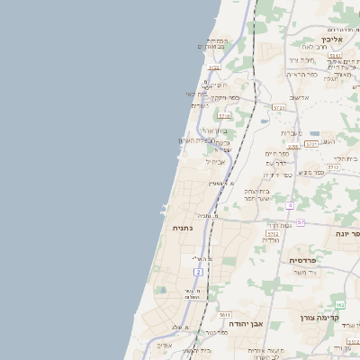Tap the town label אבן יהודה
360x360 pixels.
[245, 322]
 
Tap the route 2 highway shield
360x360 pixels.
[197, 271]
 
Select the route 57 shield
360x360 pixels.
[301, 221]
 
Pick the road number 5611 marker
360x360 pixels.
[226, 315]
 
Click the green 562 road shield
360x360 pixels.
[340, 305]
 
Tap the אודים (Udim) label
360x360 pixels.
[164, 346]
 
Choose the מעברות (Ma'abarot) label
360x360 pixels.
[287, 133]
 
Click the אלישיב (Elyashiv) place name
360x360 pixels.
[298, 97]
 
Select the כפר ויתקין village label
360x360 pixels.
[224, 97]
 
